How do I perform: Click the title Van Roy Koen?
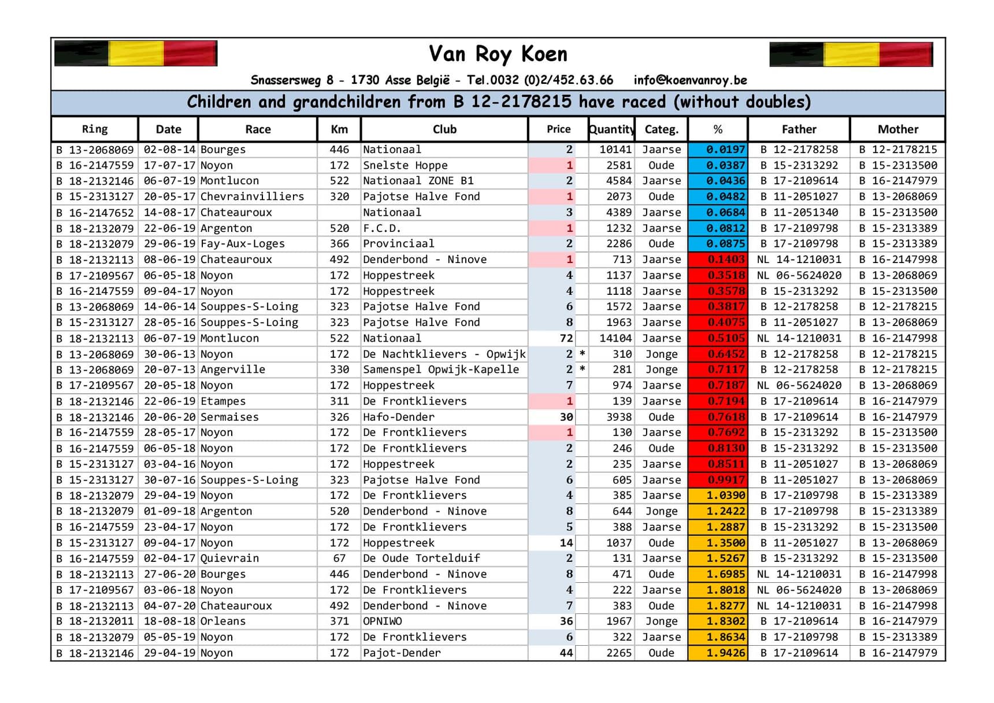(498, 54)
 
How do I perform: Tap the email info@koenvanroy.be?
(690, 80)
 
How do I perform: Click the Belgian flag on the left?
(136, 54)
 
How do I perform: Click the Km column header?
(339, 129)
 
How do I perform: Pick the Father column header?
(799, 129)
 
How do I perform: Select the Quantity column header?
(611, 129)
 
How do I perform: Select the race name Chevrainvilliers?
(252, 197)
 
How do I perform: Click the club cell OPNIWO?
(382, 621)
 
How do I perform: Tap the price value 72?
(566, 338)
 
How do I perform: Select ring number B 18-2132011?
(95, 621)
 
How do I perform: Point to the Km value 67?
(339, 558)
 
